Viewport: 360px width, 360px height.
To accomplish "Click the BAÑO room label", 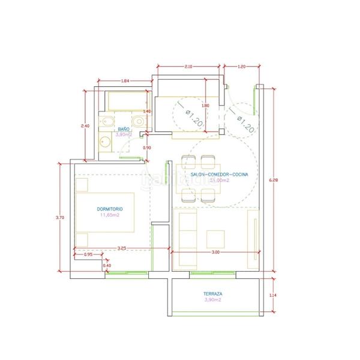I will click(124, 129).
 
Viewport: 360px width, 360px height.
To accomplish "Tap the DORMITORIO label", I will click(109, 208).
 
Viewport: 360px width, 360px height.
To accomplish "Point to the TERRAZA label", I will click(214, 293).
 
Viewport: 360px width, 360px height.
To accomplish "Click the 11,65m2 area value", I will click(110, 214).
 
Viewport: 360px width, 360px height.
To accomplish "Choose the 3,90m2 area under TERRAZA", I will click(213, 299).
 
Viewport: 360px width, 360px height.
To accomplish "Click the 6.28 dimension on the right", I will click(272, 180).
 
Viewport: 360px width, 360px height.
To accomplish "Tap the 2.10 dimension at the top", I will click(188, 66).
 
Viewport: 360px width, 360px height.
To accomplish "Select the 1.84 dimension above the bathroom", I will click(125, 80).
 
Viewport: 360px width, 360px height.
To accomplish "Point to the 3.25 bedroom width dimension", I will click(122, 247).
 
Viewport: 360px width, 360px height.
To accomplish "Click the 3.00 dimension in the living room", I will click(216, 253).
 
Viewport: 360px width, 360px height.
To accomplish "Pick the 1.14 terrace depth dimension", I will click(273, 295).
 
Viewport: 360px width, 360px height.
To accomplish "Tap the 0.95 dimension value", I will click(89, 254).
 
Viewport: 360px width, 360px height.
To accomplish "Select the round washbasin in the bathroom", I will click(104, 143).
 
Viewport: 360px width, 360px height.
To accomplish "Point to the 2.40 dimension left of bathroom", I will click(85, 126).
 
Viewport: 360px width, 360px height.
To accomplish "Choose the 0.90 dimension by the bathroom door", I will click(147, 147).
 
